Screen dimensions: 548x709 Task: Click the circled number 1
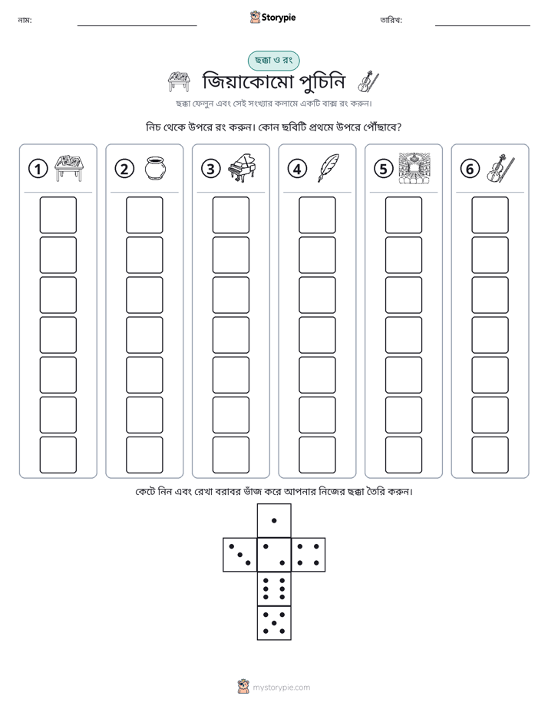click(x=38, y=169)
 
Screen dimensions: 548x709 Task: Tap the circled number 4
click(x=297, y=169)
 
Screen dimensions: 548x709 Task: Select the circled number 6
click(x=470, y=169)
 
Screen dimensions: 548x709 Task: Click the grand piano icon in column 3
click(x=242, y=168)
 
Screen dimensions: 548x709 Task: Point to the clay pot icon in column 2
click(x=156, y=168)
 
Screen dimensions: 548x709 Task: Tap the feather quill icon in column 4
click(x=328, y=168)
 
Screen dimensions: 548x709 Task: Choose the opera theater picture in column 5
click(x=414, y=168)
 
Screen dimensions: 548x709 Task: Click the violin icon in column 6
click(x=500, y=168)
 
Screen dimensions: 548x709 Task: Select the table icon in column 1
click(x=69, y=168)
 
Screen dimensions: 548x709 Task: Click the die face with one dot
click(x=274, y=520)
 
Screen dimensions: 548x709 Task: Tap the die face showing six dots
click(x=274, y=589)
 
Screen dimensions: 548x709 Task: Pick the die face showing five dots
click(x=274, y=623)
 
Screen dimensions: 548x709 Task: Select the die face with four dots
click(x=309, y=554)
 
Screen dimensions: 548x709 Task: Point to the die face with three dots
click(x=240, y=554)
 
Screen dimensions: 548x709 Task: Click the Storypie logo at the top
click(x=272, y=17)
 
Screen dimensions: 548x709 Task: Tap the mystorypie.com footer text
click(x=281, y=688)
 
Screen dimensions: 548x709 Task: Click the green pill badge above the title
click(x=273, y=61)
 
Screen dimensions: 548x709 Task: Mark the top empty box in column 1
click(x=58, y=215)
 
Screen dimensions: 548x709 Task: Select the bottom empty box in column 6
click(x=490, y=455)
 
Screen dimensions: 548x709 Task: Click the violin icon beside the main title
click(x=368, y=82)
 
